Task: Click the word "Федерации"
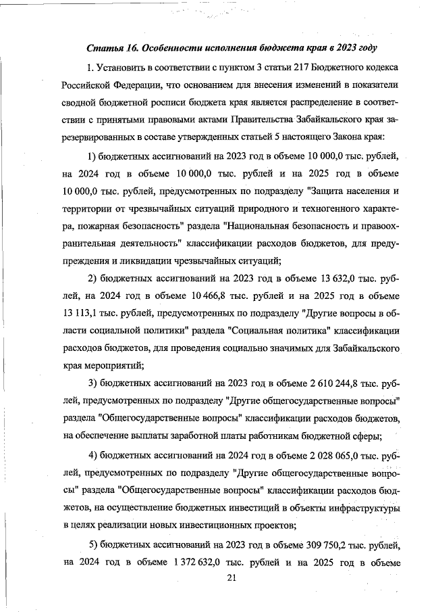[x=140, y=87]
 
